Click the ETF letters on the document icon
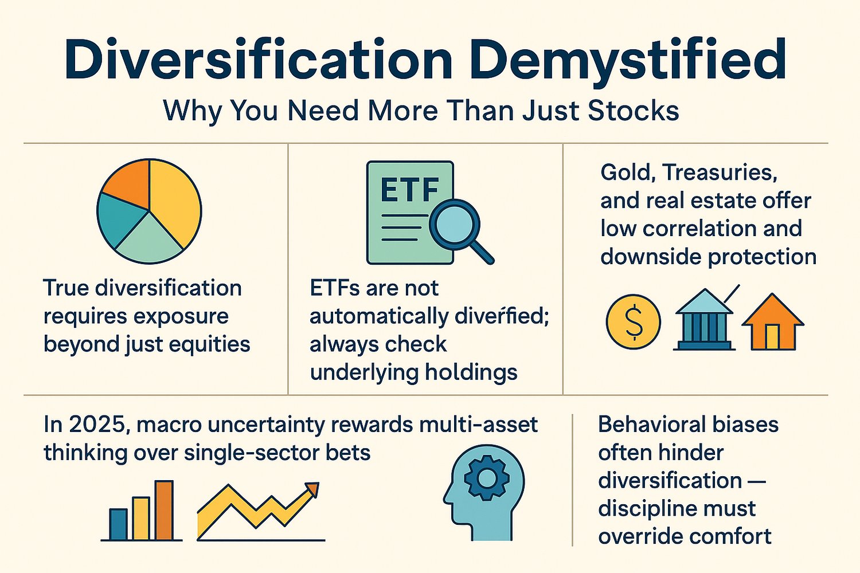coord(409,190)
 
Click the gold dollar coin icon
coord(633,321)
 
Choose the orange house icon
coord(772,323)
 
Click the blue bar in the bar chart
coord(118,524)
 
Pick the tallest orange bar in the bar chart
coord(164,510)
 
